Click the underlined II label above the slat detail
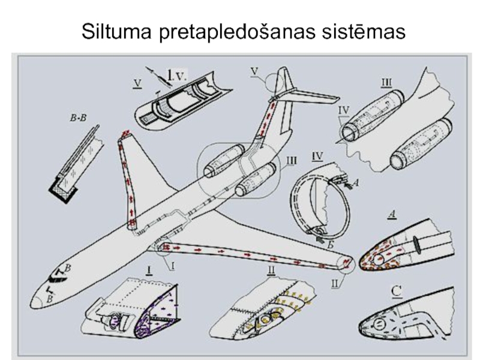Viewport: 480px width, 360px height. point(271,269)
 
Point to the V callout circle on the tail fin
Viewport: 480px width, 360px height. point(276,83)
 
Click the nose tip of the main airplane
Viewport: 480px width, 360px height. point(35,304)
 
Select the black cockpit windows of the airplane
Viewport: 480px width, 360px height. point(55,277)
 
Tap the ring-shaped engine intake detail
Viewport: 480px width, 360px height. point(318,204)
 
